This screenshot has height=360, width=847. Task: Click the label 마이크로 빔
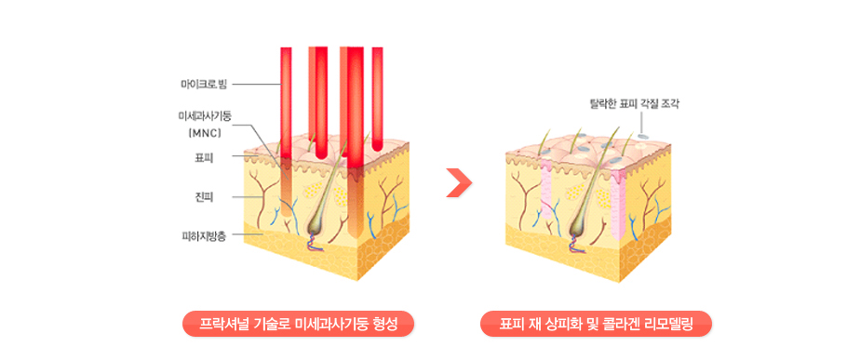coord(204,85)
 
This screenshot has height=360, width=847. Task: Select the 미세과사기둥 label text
coord(205,116)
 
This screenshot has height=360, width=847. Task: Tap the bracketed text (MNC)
coord(205,131)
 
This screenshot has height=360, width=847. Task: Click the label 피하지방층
coord(204,235)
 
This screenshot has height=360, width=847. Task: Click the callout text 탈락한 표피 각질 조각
coord(635,102)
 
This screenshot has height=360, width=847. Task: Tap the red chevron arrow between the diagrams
coord(459,183)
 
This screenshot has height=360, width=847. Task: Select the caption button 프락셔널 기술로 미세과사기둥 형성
coord(298,325)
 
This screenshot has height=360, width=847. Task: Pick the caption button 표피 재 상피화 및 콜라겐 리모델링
coord(596,325)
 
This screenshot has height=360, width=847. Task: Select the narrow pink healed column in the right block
coord(547,189)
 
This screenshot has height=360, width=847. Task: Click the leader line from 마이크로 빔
coord(257,85)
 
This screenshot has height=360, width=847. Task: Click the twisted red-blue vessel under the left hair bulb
coord(314,244)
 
